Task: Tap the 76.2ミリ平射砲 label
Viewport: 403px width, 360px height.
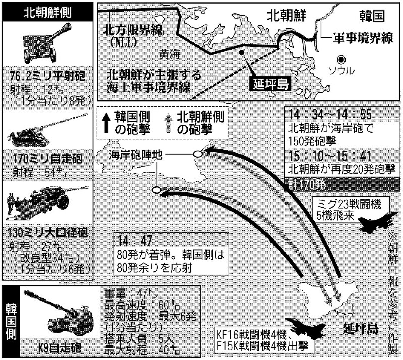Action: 47,76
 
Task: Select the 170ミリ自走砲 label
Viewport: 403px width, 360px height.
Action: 47,160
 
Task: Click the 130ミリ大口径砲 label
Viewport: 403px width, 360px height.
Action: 47,233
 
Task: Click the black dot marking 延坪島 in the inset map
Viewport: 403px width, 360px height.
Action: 243,52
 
